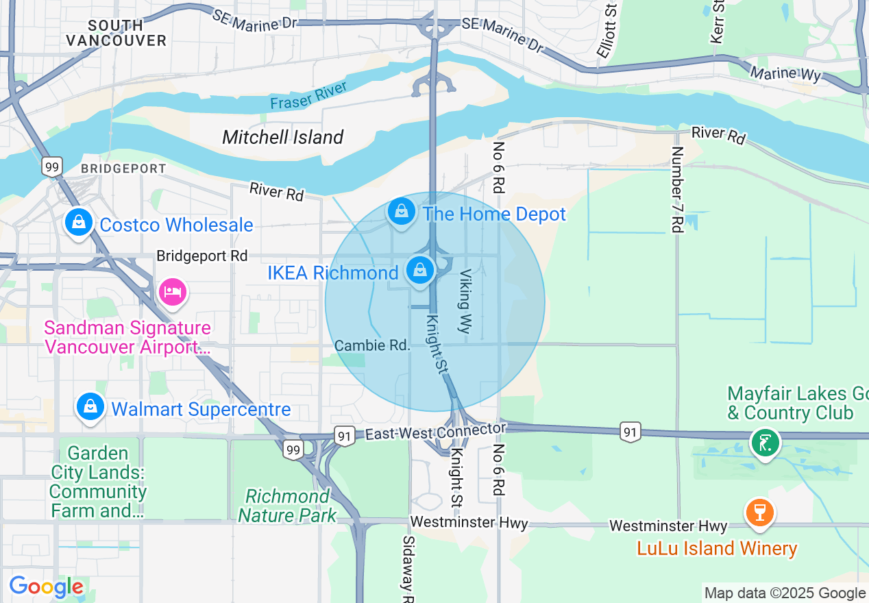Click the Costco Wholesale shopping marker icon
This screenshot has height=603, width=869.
pos(79,222)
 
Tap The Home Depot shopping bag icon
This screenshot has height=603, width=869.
pos(402,211)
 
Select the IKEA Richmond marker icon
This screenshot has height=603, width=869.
pos(420,270)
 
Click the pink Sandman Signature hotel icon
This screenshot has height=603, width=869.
pos(172,292)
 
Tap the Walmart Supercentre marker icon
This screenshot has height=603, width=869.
pos(90,406)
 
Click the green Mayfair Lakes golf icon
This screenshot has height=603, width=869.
pos(765,442)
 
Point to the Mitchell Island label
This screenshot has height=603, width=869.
pos(283,137)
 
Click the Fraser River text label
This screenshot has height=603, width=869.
pos(308,95)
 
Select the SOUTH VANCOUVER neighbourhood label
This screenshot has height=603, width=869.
pos(117,33)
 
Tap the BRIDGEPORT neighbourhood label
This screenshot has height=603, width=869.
pos(123,169)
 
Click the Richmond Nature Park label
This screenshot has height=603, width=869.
pos(288,506)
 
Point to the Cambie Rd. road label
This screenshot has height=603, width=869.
pos(372,345)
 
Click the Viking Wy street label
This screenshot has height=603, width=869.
pos(465,301)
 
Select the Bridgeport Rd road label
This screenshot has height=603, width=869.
pos(201,256)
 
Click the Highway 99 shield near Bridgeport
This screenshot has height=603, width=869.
pos(51,167)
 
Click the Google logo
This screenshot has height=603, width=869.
pos(46,587)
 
